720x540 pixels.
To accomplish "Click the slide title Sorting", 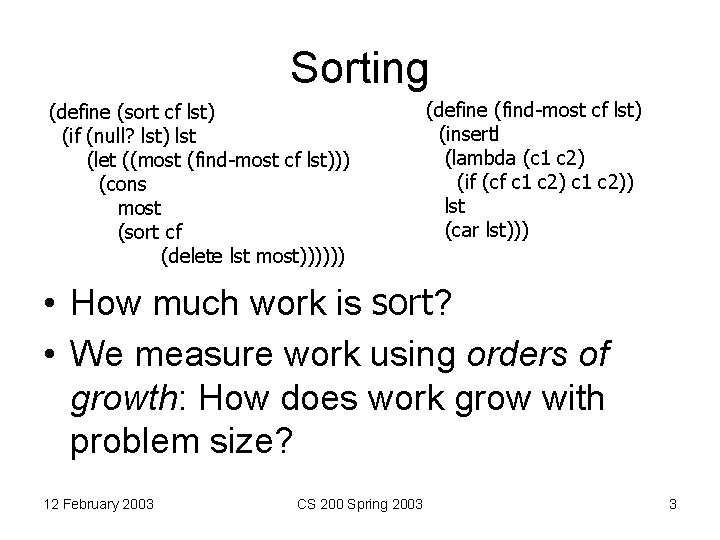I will point(359,68).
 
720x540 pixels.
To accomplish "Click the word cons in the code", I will point(123,184).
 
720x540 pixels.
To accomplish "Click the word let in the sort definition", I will point(101,159).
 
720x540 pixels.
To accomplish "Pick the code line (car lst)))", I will point(487,231).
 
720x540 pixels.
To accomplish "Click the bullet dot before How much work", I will point(46,302).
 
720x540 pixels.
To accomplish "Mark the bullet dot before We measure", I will point(46,355).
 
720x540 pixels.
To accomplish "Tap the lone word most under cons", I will point(139,208).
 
